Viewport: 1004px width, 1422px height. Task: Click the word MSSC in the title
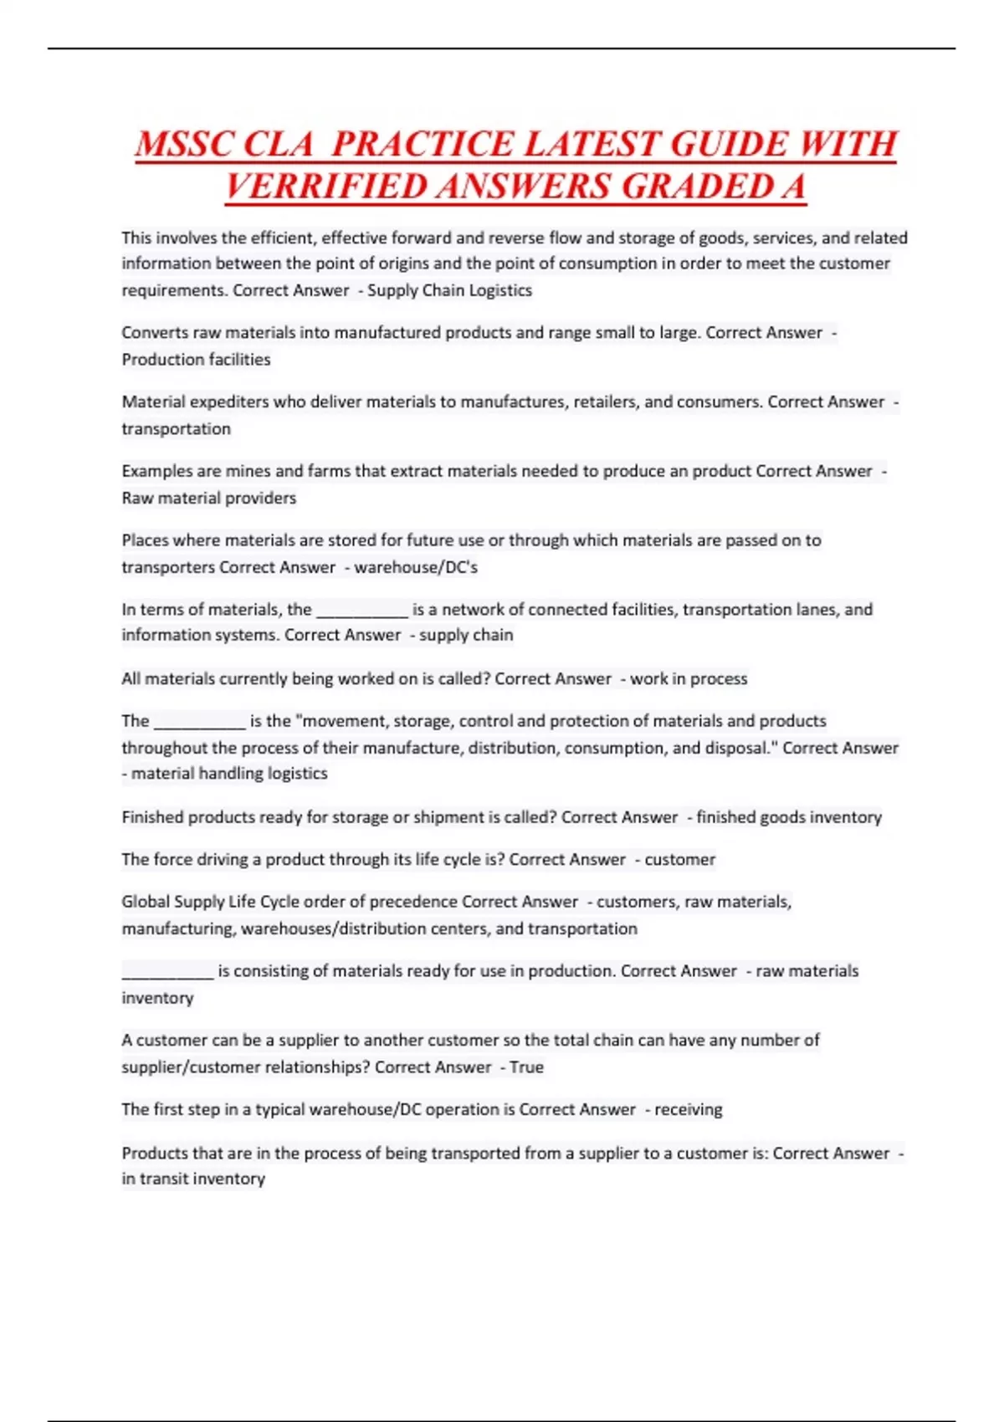click(182, 144)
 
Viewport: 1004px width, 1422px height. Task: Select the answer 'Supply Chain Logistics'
click(449, 290)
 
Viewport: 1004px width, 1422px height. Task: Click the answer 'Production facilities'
click(196, 360)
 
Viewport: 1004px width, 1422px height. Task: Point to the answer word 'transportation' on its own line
click(176, 429)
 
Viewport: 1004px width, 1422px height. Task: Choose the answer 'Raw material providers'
click(208, 499)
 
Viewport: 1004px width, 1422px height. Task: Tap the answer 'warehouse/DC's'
click(416, 567)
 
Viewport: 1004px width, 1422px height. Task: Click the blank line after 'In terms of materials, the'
click(361, 611)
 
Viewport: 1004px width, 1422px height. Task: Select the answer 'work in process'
click(689, 679)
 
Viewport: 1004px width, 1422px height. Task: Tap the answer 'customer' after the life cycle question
click(679, 860)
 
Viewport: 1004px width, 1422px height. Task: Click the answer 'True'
click(526, 1067)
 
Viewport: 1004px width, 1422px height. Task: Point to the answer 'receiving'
click(688, 1110)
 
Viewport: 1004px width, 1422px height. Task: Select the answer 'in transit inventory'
click(193, 1179)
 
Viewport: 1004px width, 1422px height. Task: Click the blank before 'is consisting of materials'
click(167, 973)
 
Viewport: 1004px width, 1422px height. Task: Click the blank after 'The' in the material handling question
click(199, 723)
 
